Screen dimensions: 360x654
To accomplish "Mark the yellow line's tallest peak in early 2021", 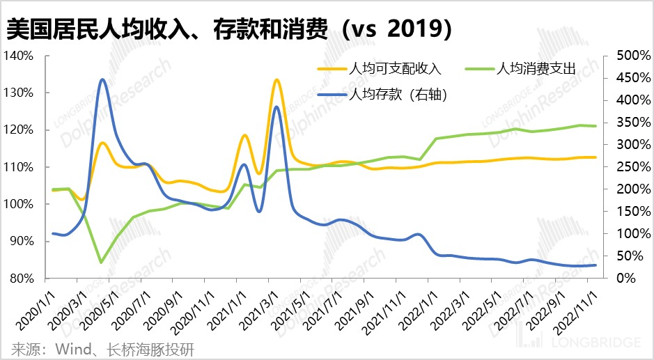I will pyautogui.click(x=277, y=79).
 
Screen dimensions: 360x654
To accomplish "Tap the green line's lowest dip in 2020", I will pyautogui.click(x=102, y=263).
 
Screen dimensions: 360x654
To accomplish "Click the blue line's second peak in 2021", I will pyautogui.click(x=277, y=107).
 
